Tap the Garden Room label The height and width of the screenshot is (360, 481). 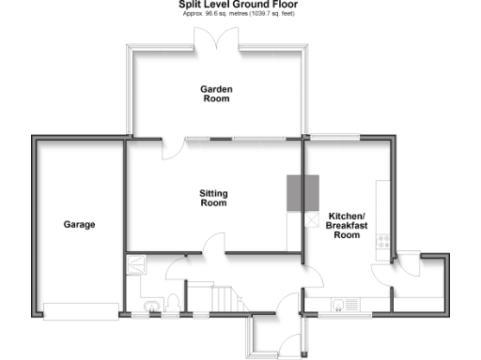[x=216, y=93]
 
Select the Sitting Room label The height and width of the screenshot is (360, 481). [x=213, y=198]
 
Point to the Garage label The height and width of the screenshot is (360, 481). [x=79, y=225]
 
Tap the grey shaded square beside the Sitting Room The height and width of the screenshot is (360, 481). [x=298, y=192]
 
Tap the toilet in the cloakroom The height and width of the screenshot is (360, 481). [x=172, y=303]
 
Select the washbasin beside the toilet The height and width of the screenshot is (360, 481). [x=150, y=305]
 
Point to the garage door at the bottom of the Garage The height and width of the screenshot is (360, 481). [x=79, y=310]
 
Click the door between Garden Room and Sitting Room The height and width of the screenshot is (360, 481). [x=173, y=148]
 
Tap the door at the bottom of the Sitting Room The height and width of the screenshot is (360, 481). [x=214, y=244]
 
